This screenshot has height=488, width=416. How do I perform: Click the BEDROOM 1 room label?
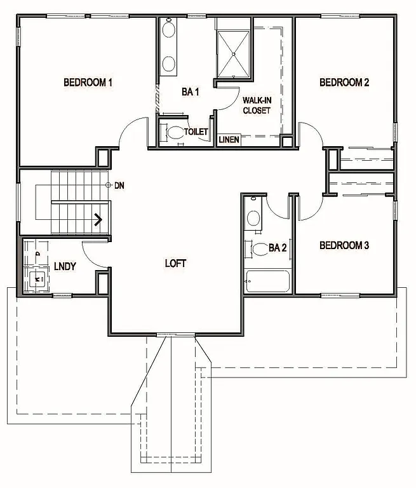pos(88,82)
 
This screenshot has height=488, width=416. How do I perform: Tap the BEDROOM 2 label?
pos(344,82)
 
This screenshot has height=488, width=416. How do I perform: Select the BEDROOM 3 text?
pos(344,245)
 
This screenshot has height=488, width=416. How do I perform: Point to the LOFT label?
pos(175,263)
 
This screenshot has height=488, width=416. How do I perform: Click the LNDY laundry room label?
pos(65,266)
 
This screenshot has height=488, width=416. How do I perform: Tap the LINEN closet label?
pos(229,140)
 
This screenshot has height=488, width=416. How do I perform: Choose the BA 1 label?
pos(191,93)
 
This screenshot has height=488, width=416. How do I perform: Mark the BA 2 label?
pos(278,248)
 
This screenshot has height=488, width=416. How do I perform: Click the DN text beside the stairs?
pos(119,186)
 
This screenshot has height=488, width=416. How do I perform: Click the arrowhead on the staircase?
pos(100,220)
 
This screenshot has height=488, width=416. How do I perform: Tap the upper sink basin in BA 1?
pos(170,30)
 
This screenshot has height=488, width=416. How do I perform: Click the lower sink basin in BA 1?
pos(170,64)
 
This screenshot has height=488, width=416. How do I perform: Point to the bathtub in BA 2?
pos(266,281)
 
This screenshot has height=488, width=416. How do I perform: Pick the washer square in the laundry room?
pos(35,278)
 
